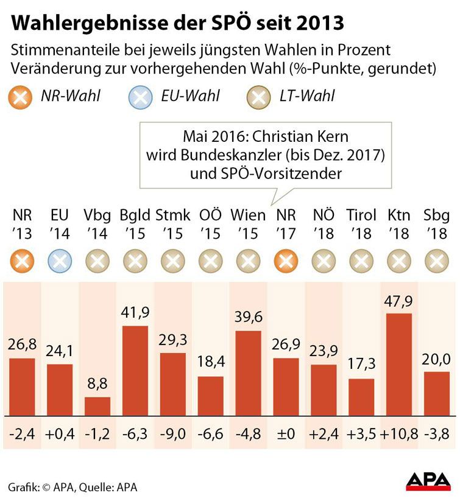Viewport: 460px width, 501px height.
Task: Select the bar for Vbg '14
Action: [97, 406]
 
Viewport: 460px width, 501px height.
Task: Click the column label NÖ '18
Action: [323, 224]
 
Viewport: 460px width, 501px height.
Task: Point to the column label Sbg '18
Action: [436, 224]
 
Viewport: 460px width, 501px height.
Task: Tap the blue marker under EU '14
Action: [60, 262]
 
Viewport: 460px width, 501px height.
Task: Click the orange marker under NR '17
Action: [286, 262]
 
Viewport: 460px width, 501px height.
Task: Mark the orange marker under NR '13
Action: [22, 262]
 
